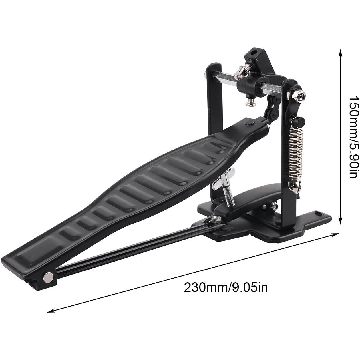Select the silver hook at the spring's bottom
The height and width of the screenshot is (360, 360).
pyautogui.click(x=297, y=187)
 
